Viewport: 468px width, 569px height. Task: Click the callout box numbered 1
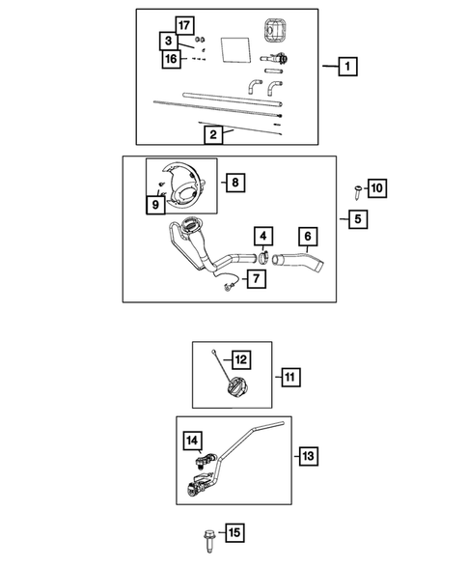[347, 67]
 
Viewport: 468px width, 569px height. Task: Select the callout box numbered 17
[184, 25]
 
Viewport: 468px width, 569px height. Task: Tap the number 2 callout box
[213, 134]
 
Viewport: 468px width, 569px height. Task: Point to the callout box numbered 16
[171, 59]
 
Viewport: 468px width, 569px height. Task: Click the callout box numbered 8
[235, 183]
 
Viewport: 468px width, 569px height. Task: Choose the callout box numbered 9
[155, 205]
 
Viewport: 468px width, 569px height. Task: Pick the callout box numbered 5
[358, 219]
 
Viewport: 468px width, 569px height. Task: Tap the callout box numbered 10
[377, 188]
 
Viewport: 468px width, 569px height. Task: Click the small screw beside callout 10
[358, 191]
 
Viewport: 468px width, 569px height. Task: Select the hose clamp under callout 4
[263, 258]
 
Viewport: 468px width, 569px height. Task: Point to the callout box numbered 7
[257, 278]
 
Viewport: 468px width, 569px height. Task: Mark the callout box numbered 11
[290, 377]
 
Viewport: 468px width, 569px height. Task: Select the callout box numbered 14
[192, 441]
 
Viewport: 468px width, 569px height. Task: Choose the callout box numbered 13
[309, 456]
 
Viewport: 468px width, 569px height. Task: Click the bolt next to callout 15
[208, 541]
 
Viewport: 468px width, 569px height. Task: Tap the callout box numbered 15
[234, 532]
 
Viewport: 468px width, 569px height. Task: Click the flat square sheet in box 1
[236, 49]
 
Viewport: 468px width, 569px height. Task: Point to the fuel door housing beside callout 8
[181, 186]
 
